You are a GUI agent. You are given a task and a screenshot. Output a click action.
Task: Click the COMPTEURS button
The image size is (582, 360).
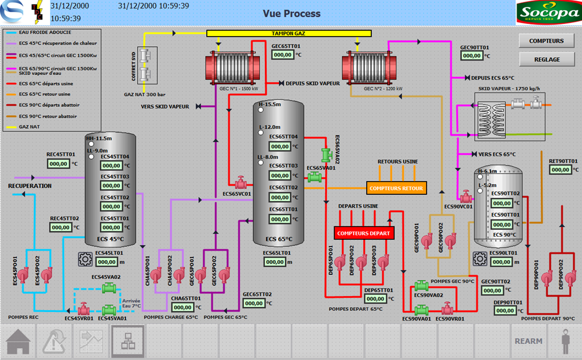pyautogui.click(x=546, y=41)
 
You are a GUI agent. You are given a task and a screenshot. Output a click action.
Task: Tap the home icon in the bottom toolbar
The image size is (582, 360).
pyautogui.click(x=18, y=341)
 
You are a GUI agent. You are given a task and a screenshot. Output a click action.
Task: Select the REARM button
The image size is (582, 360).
pyautogui.click(x=528, y=341)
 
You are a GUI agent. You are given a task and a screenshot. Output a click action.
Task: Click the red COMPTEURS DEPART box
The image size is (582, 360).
pyautogui.click(x=363, y=233)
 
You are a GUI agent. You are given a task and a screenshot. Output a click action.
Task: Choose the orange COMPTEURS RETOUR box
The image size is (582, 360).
pyautogui.click(x=396, y=188)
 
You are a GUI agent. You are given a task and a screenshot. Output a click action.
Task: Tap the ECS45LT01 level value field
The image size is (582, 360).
pyautogui.click(x=107, y=262)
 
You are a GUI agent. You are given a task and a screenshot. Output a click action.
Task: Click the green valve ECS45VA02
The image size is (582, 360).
pyautogui.click(x=108, y=289)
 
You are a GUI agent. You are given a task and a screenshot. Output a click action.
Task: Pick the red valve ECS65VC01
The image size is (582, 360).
pyautogui.click(x=241, y=183)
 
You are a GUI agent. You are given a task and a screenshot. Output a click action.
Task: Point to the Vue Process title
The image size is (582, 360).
pyautogui.click(x=291, y=13)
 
